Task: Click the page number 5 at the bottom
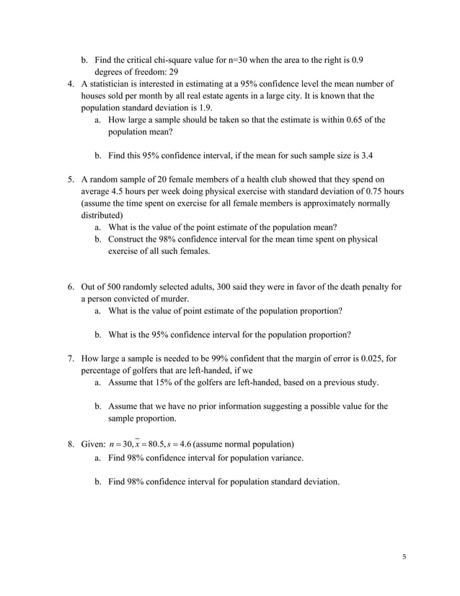pos(404,556)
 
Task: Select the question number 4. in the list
pos(71,84)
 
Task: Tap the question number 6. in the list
pos(71,286)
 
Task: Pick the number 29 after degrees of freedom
pos(173,71)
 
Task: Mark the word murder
pos(174,298)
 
